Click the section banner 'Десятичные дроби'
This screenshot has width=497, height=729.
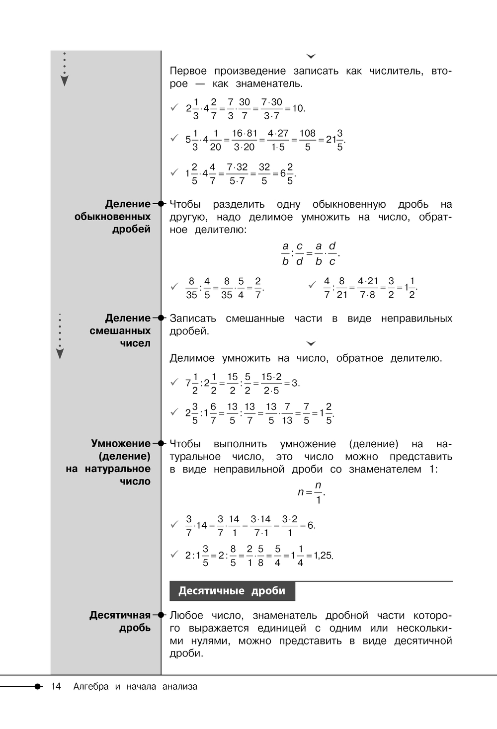point(232,591)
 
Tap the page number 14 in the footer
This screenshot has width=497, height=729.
point(56,687)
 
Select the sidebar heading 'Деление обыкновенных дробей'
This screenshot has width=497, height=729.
point(113,217)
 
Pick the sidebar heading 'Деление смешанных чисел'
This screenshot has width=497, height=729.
point(120,330)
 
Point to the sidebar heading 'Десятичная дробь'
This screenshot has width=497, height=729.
point(120,621)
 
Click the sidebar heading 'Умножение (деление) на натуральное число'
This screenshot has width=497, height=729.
point(108,462)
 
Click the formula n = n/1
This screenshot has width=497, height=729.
point(312,492)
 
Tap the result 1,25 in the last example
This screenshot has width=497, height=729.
point(323,556)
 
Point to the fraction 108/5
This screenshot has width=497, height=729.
point(307,140)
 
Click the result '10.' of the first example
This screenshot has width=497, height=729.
point(298,108)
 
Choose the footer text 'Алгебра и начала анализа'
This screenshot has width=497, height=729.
point(135,687)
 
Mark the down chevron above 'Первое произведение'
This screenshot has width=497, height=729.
point(312,57)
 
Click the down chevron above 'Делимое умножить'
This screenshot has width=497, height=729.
point(312,343)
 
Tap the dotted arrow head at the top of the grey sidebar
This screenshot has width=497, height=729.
point(64,81)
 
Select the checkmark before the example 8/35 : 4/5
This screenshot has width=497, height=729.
point(174,287)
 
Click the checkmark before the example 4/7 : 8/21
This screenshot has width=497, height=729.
point(312,285)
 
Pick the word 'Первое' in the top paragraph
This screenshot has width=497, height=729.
point(188,71)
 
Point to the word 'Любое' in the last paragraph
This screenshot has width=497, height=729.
point(185,616)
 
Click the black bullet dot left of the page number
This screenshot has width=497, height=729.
point(38,686)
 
